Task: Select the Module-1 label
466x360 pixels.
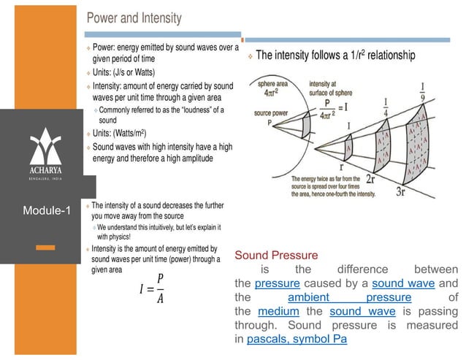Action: point(47,212)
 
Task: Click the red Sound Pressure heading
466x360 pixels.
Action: point(276,255)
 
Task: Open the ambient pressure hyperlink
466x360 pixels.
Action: point(349,297)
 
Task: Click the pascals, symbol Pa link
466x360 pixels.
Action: point(297,340)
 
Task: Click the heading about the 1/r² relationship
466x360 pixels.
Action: point(335,55)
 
